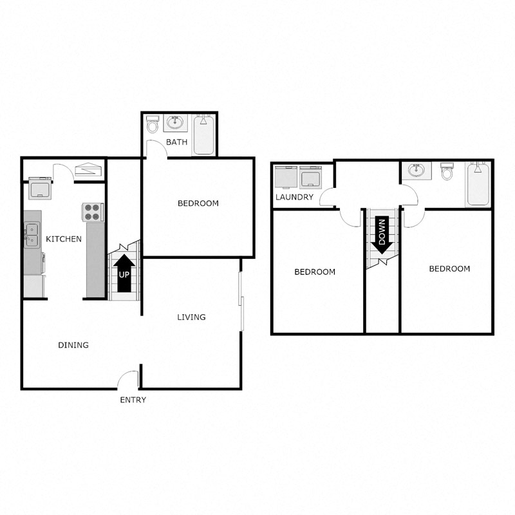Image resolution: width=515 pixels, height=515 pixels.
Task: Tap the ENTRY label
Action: [x=133, y=400]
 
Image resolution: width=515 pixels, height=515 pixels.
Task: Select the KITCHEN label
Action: [x=64, y=239]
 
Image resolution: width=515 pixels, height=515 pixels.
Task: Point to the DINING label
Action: [x=73, y=345]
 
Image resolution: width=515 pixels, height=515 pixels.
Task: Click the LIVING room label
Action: [x=192, y=317]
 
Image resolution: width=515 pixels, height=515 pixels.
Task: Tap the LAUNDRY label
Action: [x=294, y=197]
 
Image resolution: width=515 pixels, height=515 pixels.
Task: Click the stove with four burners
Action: [x=92, y=212]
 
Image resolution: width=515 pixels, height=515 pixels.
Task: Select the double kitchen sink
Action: [x=32, y=234]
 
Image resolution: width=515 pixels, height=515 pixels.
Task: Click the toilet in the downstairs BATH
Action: [x=152, y=124]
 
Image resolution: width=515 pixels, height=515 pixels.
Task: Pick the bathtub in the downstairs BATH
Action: [x=204, y=135]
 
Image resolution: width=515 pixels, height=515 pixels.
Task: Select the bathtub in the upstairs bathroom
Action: [x=478, y=184]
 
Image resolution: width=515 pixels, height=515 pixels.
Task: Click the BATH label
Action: [x=176, y=142]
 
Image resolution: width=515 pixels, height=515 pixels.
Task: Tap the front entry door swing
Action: [x=129, y=379]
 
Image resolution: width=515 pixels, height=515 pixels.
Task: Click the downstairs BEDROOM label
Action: [x=198, y=203]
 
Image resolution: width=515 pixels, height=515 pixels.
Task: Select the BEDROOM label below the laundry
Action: [x=315, y=272]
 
